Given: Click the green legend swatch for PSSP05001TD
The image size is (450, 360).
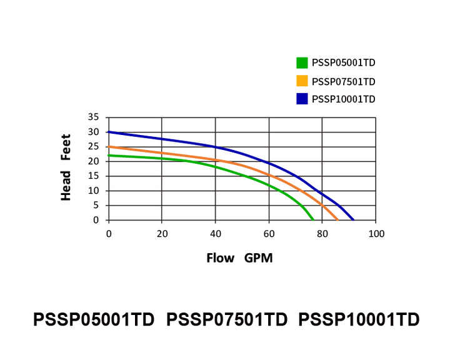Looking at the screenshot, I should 302,62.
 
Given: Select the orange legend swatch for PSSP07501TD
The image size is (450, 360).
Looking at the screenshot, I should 302,81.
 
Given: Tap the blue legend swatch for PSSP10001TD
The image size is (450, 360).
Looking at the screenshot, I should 302,99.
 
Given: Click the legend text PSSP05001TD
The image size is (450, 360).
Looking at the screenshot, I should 343,62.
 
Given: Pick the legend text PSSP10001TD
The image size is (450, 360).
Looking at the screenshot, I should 343,99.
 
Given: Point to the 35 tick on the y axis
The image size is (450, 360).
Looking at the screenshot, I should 94,117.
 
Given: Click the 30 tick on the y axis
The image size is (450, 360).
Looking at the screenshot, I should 94,132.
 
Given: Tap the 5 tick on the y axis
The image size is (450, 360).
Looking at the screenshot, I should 96,205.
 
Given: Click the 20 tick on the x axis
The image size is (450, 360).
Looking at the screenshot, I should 162,234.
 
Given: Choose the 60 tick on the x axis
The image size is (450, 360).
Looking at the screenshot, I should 269,234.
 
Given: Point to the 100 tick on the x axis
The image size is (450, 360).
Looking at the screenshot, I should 376,234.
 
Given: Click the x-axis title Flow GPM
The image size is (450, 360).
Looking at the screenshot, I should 239,257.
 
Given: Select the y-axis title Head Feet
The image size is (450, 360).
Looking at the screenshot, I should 66,167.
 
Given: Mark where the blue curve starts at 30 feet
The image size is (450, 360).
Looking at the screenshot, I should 109,132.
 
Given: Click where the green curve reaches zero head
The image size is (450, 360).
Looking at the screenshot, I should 313,219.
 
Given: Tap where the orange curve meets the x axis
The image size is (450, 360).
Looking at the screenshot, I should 338,219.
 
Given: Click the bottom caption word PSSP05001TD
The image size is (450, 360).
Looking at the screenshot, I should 93,319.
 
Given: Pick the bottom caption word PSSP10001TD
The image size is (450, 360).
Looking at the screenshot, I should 359,319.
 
